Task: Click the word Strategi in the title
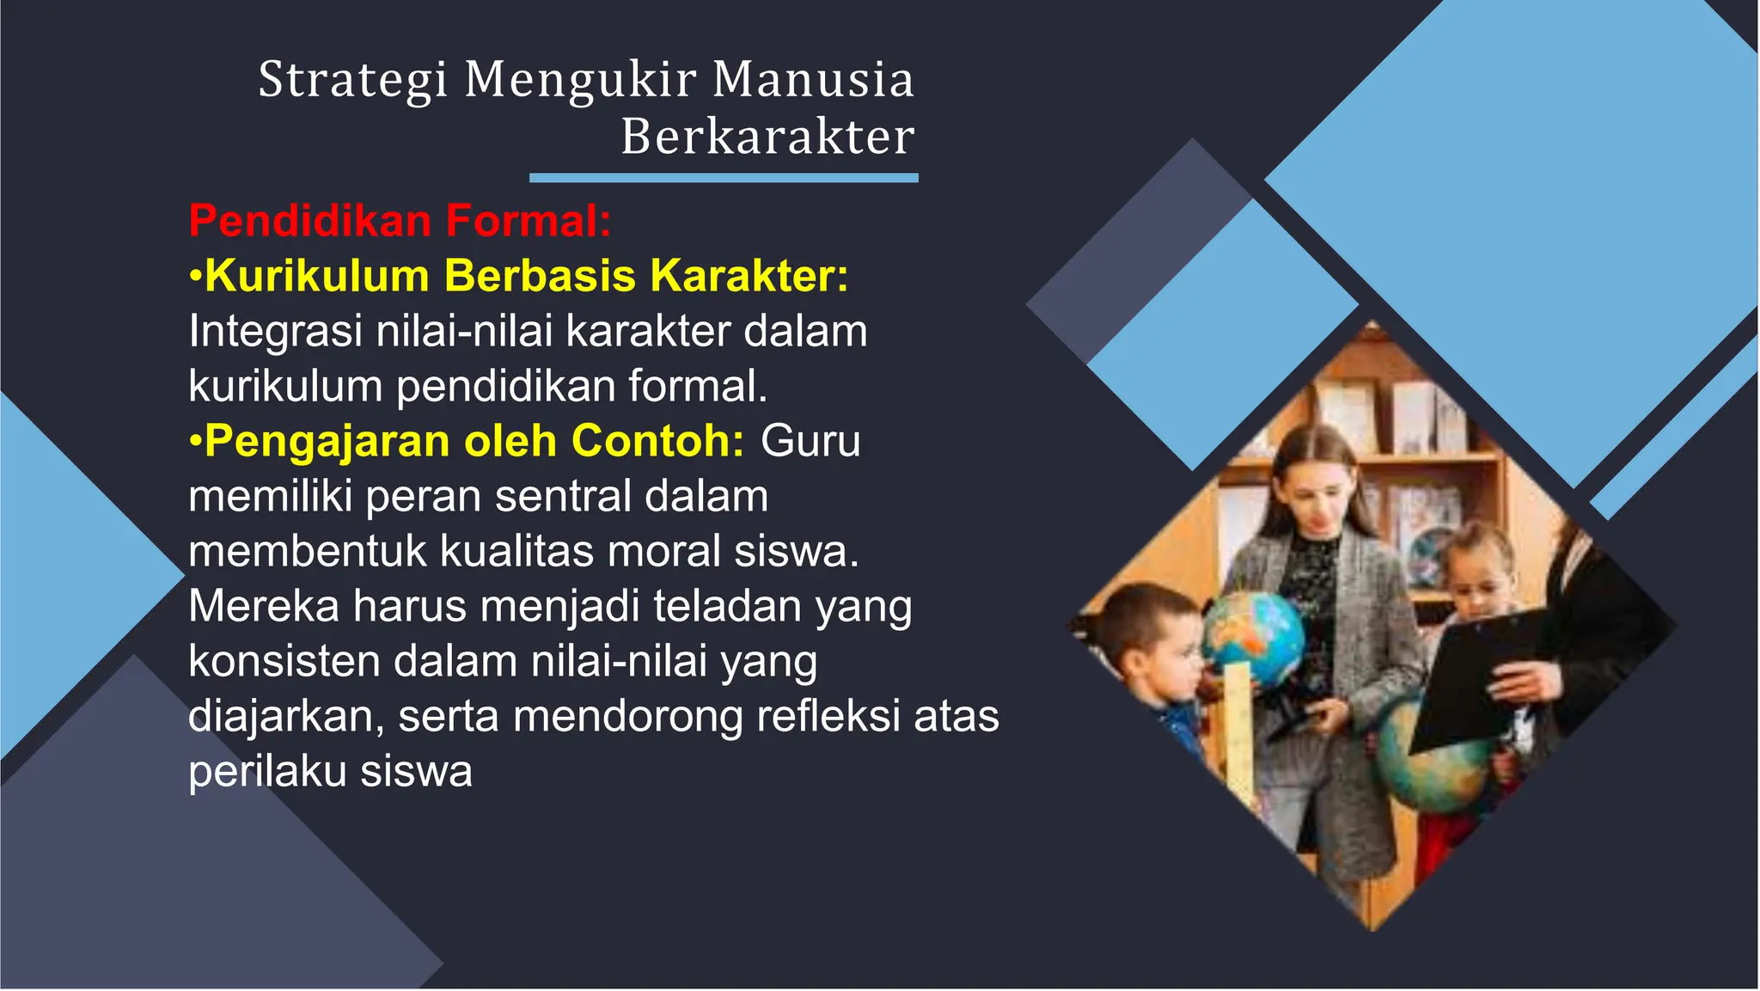click(x=352, y=80)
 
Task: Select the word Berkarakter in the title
click(x=767, y=137)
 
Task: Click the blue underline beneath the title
click(x=724, y=178)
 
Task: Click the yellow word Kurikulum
click(x=317, y=276)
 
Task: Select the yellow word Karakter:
click(x=749, y=276)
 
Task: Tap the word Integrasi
click(x=275, y=332)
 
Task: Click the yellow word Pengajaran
click(x=327, y=442)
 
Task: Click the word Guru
click(x=810, y=442)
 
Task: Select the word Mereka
click(x=264, y=607)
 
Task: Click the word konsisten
click(x=284, y=662)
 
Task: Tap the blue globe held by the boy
click(x=1254, y=635)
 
